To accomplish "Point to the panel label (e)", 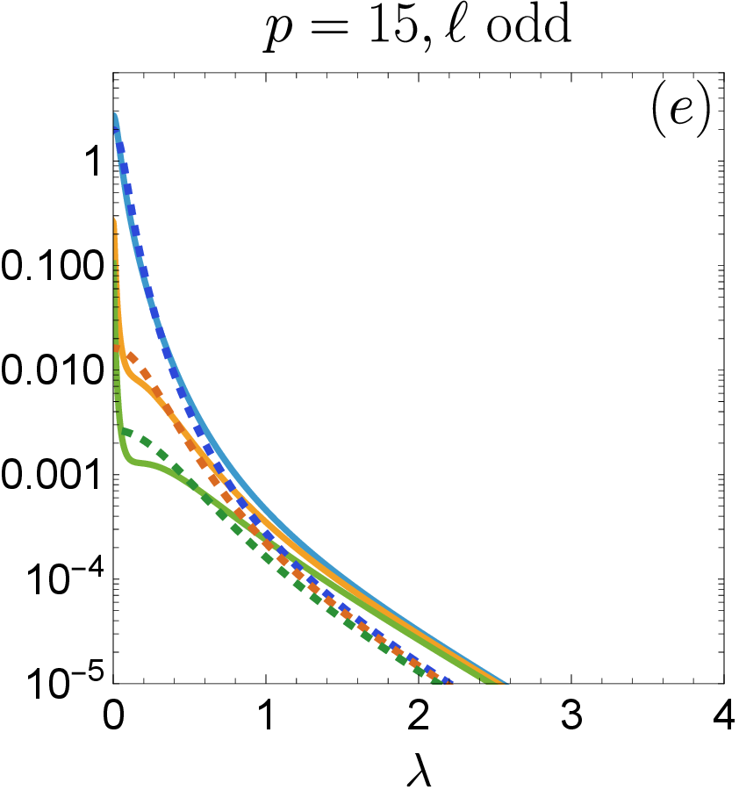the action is pyautogui.click(x=680, y=111).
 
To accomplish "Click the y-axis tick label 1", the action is pyautogui.click(x=94, y=162).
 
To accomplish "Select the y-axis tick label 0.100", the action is pyautogui.click(x=52, y=267).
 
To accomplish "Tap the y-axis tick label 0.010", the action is pyautogui.click(x=52, y=370).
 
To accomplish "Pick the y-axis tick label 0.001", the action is pyautogui.click(x=52, y=475).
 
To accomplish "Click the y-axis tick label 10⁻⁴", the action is pyautogui.click(x=65, y=578).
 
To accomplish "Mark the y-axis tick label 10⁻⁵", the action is pyautogui.click(x=65, y=681).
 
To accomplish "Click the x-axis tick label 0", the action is pyautogui.click(x=113, y=715).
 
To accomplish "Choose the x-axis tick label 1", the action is pyautogui.click(x=267, y=715).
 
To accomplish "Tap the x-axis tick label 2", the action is pyautogui.click(x=419, y=715).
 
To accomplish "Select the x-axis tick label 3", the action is pyautogui.click(x=571, y=715).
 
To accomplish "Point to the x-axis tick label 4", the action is pyautogui.click(x=724, y=715).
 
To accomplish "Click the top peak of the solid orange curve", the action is pyautogui.click(x=115, y=220).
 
